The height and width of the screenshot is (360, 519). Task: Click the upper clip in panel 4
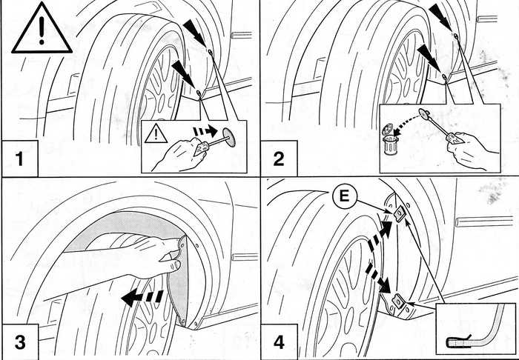pyautogui.click(x=399, y=213)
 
